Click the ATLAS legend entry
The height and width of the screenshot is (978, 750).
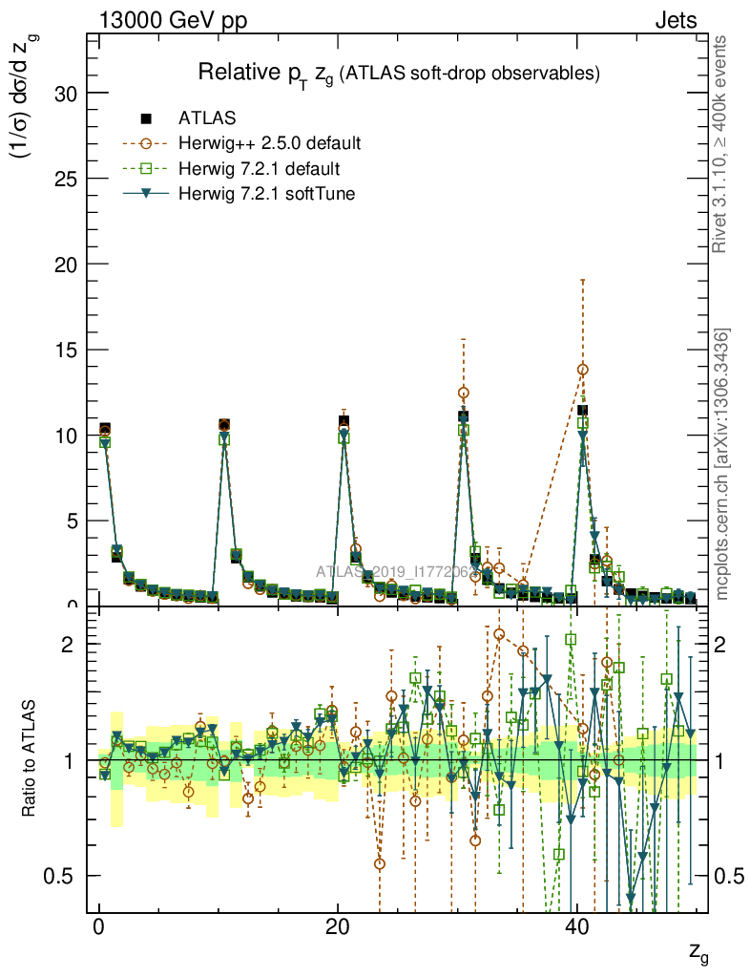click(x=206, y=119)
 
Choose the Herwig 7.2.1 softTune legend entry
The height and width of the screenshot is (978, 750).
click(x=262, y=194)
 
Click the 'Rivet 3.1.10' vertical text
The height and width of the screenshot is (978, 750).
click(x=719, y=143)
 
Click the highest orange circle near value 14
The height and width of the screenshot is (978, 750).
click(x=582, y=369)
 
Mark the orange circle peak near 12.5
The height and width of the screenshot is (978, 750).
click(x=464, y=393)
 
